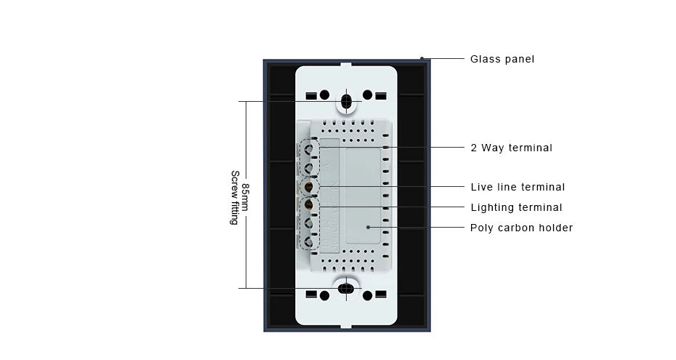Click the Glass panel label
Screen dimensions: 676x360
tap(502, 59)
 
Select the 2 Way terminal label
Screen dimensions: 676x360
tap(511, 148)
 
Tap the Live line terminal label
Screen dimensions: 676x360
tap(518, 187)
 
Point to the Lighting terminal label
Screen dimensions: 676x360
tap(516, 207)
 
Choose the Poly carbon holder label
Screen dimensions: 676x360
tap(521, 228)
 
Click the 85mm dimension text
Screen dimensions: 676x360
tap(246, 196)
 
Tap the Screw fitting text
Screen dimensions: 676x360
tap(234, 196)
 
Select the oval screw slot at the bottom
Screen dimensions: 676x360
tap(347, 289)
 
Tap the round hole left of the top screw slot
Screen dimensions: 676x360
tap(325, 95)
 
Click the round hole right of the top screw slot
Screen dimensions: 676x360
tap(368, 95)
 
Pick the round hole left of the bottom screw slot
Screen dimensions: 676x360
tap(325, 295)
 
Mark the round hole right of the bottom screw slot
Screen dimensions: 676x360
tap(368, 295)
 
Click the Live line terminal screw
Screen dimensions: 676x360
tap(309, 187)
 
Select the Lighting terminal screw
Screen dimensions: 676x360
tap(309, 207)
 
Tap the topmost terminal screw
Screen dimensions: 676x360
tap(309, 149)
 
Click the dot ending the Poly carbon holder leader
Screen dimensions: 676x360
tap(369, 228)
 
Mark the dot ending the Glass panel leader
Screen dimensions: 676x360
tap(422, 58)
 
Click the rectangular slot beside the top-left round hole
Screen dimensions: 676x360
tap(311, 95)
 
